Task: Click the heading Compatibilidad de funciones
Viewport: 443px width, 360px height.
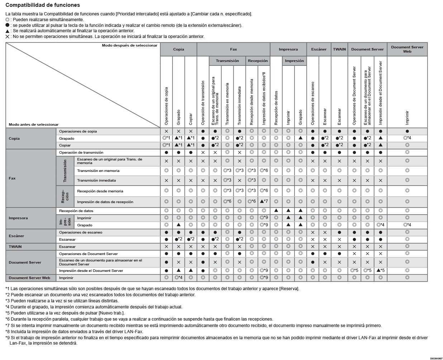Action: [43, 5]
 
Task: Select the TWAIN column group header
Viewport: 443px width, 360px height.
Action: [339, 49]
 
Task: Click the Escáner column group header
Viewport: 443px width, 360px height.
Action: [319, 49]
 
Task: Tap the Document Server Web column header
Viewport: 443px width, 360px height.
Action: [407, 49]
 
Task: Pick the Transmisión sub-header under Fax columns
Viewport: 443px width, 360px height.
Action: [227, 61]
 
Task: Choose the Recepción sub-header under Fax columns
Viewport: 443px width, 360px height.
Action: [258, 61]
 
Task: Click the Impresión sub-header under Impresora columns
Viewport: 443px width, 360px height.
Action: [294, 61]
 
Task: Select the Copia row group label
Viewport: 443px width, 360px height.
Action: [14, 139]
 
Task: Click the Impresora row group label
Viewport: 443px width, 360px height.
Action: [18, 218]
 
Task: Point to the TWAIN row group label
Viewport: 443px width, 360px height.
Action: [15, 247]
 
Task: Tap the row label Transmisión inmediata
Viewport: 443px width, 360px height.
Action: [96, 181]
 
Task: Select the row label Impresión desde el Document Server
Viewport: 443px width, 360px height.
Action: [91, 271]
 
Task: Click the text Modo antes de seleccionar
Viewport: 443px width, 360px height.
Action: [34, 125]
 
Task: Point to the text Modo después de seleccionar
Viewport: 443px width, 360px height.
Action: [129, 45]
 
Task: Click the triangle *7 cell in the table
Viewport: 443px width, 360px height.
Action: [264, 202]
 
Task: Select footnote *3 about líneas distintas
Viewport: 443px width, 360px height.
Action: [62, 301]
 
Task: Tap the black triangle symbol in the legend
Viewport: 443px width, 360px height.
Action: [8, 31]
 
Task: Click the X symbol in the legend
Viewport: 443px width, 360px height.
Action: [8, 37]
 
